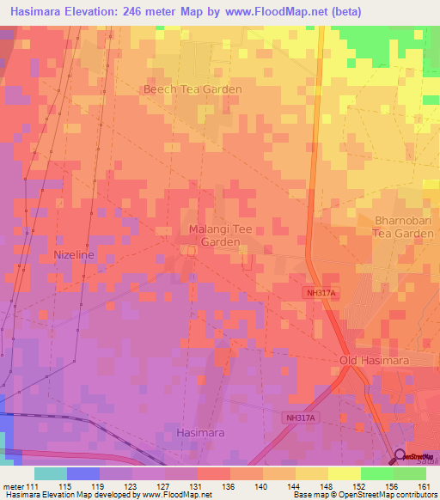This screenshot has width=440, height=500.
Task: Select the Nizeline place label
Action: [73, 256]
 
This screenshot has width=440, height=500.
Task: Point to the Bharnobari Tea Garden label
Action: [404, 227]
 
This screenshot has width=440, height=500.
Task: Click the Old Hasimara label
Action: [371, 361]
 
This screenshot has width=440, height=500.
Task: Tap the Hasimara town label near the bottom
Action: [200, 433]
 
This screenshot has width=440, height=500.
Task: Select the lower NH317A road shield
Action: [301, 418]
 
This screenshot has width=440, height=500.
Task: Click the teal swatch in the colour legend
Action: [51, 473]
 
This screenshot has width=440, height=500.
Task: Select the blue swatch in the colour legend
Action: [83, 473]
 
